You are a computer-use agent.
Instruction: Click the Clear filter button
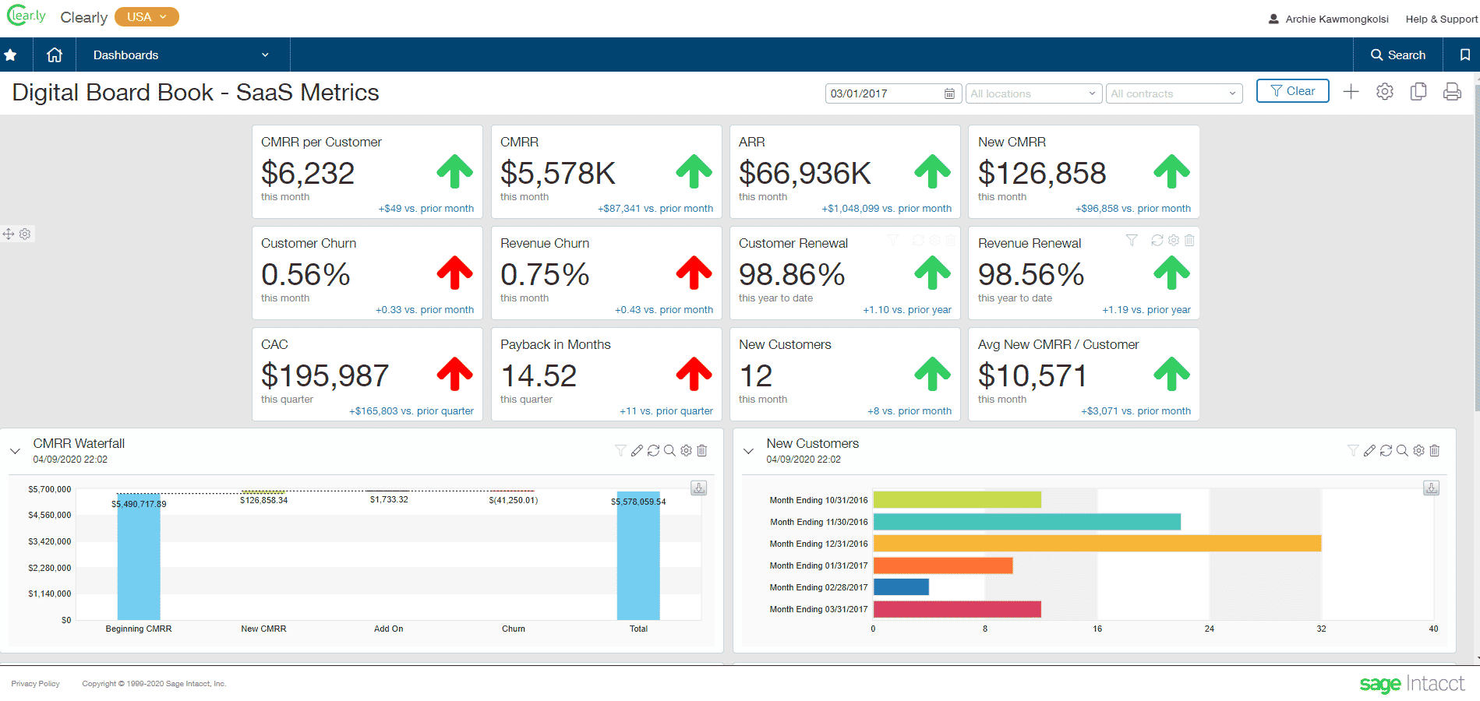tap(1292, 91)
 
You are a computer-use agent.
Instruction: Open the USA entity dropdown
tap(147, 17)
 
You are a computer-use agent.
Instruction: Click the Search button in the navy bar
tap(1398, 55)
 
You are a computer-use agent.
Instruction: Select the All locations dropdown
tap(1032, 93)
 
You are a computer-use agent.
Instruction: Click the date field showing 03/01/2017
tap(885, 93)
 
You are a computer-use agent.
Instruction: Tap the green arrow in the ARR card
tap(932, 171)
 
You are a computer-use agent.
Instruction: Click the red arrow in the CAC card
tap(454, 374)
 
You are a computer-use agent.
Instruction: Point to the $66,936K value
tap(804, 173)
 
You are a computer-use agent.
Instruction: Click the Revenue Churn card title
tap(545, 243)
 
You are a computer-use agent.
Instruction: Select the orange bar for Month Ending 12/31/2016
tap(1097, 543)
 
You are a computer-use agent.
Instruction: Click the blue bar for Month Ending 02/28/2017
tap(901, 587)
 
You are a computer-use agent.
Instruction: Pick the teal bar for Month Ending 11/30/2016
tap(1026, 522)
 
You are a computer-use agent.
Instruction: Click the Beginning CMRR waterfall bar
tap(139, 557)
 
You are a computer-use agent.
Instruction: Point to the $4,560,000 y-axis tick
tap(49, 515)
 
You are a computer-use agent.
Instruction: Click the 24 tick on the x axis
tap(1209, 629)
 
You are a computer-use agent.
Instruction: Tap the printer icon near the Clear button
tap(1452, 92)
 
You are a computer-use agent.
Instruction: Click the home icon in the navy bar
tap(55, 55)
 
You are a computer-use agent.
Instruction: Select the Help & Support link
tap(1441, 19)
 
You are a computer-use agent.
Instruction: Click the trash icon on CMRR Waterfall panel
tap(701, 450)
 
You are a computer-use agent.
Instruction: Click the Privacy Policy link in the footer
tap(35, 684)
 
